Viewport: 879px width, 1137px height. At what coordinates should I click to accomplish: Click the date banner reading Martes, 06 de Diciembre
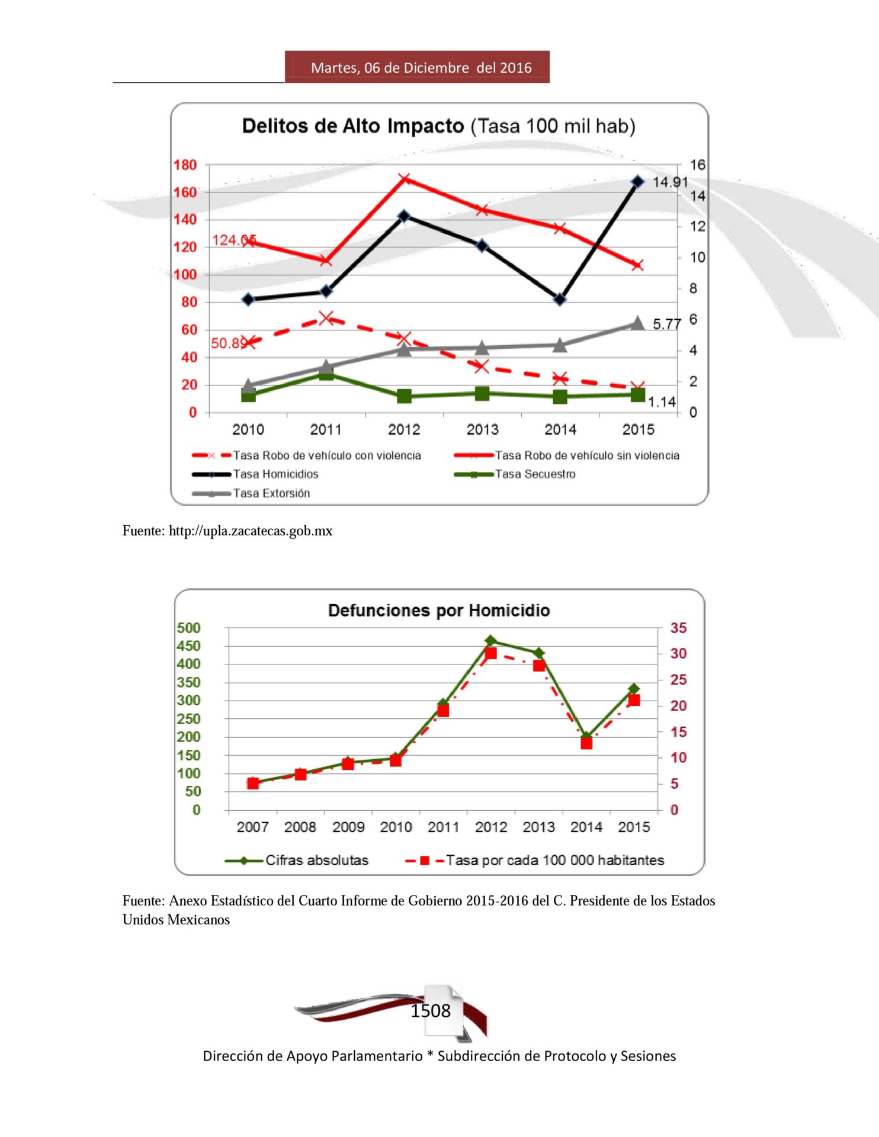(421, 68)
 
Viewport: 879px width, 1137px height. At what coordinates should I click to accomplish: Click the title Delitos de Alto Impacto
(353, 126)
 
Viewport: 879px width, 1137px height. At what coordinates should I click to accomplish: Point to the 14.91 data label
(670, 182)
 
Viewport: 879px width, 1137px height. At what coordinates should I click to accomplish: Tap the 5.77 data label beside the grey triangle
(666, 324)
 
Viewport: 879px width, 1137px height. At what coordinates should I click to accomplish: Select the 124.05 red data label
(234, 240)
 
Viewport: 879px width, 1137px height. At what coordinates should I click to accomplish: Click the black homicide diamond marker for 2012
(404, 216)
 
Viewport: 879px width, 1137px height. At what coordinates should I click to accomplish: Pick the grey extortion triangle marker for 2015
(637, 323)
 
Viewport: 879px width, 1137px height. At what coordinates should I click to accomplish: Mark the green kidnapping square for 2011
(326, 374)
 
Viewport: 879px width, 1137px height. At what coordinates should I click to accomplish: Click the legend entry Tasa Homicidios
(275, 474)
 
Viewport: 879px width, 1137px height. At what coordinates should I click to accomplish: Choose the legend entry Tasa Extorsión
(271, 493)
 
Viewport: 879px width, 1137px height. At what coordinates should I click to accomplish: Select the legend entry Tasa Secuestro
(535, 474)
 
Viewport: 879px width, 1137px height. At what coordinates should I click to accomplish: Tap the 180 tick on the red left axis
(185, 165)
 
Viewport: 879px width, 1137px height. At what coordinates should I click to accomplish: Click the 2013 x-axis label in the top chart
(482, 429)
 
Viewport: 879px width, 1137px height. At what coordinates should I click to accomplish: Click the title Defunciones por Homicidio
(439, 611)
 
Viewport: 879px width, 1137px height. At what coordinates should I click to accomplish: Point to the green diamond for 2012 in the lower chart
(490, 641)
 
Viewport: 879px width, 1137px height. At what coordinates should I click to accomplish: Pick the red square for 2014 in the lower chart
(586, 743)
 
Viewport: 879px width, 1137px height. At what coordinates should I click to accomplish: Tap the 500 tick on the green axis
(189, 628)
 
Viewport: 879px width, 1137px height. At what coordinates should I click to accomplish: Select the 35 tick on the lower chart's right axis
(678, 628)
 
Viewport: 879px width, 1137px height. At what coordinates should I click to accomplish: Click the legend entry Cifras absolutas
(317, 860)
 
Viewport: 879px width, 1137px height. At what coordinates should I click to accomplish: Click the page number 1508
(431, 1011)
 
